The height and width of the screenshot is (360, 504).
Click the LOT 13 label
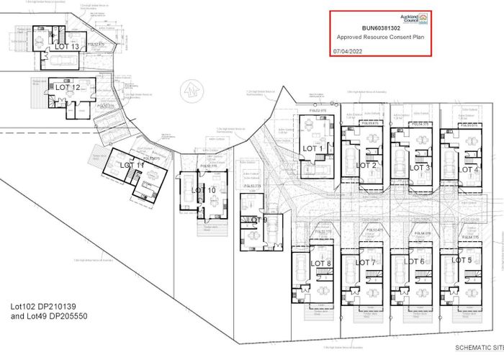click(x=67, y=47)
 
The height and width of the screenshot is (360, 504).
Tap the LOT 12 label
click(x=67, y=87)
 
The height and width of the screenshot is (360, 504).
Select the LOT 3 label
click(x=420, y=167)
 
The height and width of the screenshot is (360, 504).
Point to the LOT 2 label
click(x=366, y=166)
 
